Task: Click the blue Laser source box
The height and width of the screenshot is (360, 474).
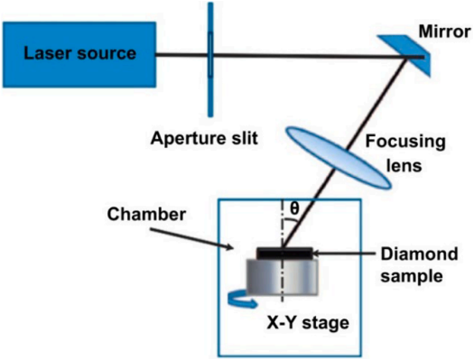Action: [79, 55]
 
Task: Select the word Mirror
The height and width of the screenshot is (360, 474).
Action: [445, 32]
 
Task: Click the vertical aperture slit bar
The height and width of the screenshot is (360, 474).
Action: [210, 60]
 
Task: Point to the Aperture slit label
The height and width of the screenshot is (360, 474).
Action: [204, 138]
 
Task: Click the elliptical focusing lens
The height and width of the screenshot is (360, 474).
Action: [339, 158]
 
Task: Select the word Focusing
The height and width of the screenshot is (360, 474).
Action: [405, 142]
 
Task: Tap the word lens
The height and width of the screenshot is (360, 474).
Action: [404, 165]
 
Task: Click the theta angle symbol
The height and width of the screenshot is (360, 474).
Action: [294, 208]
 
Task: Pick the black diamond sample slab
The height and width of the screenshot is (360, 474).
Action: [284, 254]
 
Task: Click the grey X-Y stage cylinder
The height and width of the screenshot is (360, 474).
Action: [283, 276]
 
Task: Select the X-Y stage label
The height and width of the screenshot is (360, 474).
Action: [308, 323]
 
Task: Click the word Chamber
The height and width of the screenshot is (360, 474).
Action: [146, 215]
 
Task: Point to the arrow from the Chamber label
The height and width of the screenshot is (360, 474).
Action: [191, 239]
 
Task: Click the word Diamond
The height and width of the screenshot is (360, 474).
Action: [419, 254]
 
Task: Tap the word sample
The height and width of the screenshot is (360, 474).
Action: [412, 276]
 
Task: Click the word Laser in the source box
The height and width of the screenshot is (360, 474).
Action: [48, 53]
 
